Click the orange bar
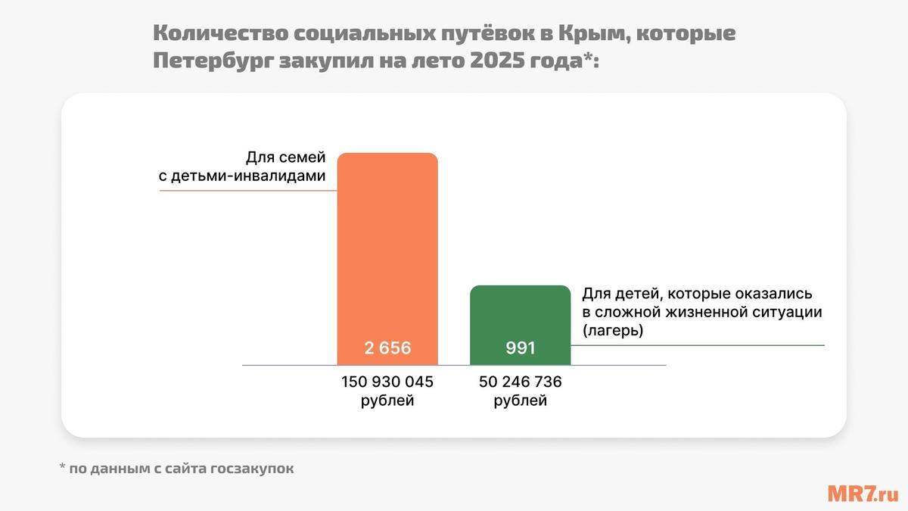(387, 250)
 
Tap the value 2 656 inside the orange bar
(387, 348)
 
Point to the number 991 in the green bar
(521, 348)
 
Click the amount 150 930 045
(387, 381)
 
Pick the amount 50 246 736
(521, 381)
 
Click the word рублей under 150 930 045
(387, 400)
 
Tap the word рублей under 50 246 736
(521, 400)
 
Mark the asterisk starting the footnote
(62, 468)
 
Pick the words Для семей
(285, 157)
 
